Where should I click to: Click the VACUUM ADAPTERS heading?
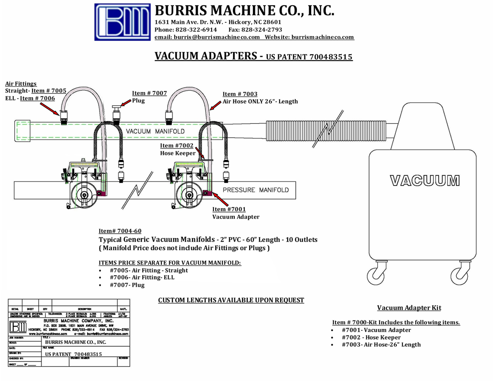(x=206, y=56)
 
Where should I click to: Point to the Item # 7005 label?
(x=49, y=91)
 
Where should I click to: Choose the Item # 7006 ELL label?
(x=38, y=98)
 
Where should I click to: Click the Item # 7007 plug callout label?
(x=150, y=93)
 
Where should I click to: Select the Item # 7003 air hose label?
(x=240, y=94)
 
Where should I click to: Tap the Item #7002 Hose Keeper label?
(x=177, y=146)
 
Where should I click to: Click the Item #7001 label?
(x=229, y=209)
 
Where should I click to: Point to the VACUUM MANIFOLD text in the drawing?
(x=155, y=131)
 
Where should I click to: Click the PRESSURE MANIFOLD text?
(x=256, y=190)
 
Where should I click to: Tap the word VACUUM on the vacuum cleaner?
(x=425, y=180)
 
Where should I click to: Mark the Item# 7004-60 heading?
(x=120, y=231)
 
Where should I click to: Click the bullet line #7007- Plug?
(x=127, y=285)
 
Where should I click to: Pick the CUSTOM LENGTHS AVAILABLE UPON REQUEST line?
(x=231, y=300)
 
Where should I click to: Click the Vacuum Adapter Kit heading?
(x=409, y=308)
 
